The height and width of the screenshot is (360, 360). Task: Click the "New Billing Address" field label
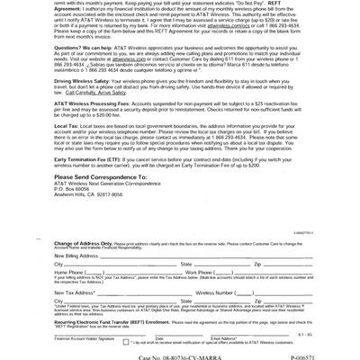76,255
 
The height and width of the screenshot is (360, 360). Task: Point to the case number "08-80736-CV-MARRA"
184,354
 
